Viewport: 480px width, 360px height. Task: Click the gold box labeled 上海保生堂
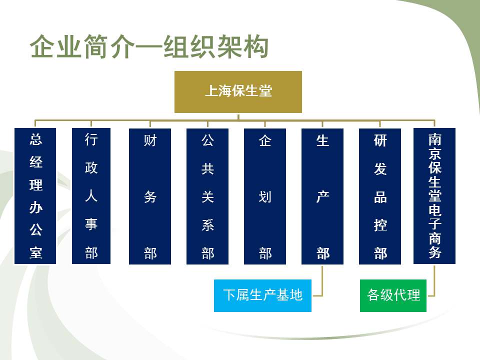coord(238,92)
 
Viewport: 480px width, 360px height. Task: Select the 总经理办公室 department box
coord(35,196)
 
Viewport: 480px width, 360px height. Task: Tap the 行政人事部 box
coord(91,196)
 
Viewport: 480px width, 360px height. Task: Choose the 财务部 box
coord(150,196)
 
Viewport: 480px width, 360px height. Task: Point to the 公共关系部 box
coord(207,196)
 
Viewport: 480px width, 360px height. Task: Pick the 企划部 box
coord(265,196)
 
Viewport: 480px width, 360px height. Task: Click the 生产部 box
coord(322,196)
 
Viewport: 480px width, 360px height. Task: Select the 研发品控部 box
coord(380,196)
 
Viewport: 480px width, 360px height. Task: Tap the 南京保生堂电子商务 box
coord(434,196)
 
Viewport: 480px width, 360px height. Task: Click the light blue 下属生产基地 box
coord(262,295)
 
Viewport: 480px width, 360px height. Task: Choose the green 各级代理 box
coord(393,295)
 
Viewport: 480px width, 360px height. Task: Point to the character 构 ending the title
coord(255,46)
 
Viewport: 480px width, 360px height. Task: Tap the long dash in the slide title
coord(149,47)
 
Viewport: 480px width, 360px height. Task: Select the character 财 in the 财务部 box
coord(150,140)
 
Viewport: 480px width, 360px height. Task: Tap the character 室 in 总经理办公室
coord(35,252)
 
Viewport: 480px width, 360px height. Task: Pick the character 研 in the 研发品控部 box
coord(380,140)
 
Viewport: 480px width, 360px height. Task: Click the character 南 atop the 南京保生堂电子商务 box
coord(434,139)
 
